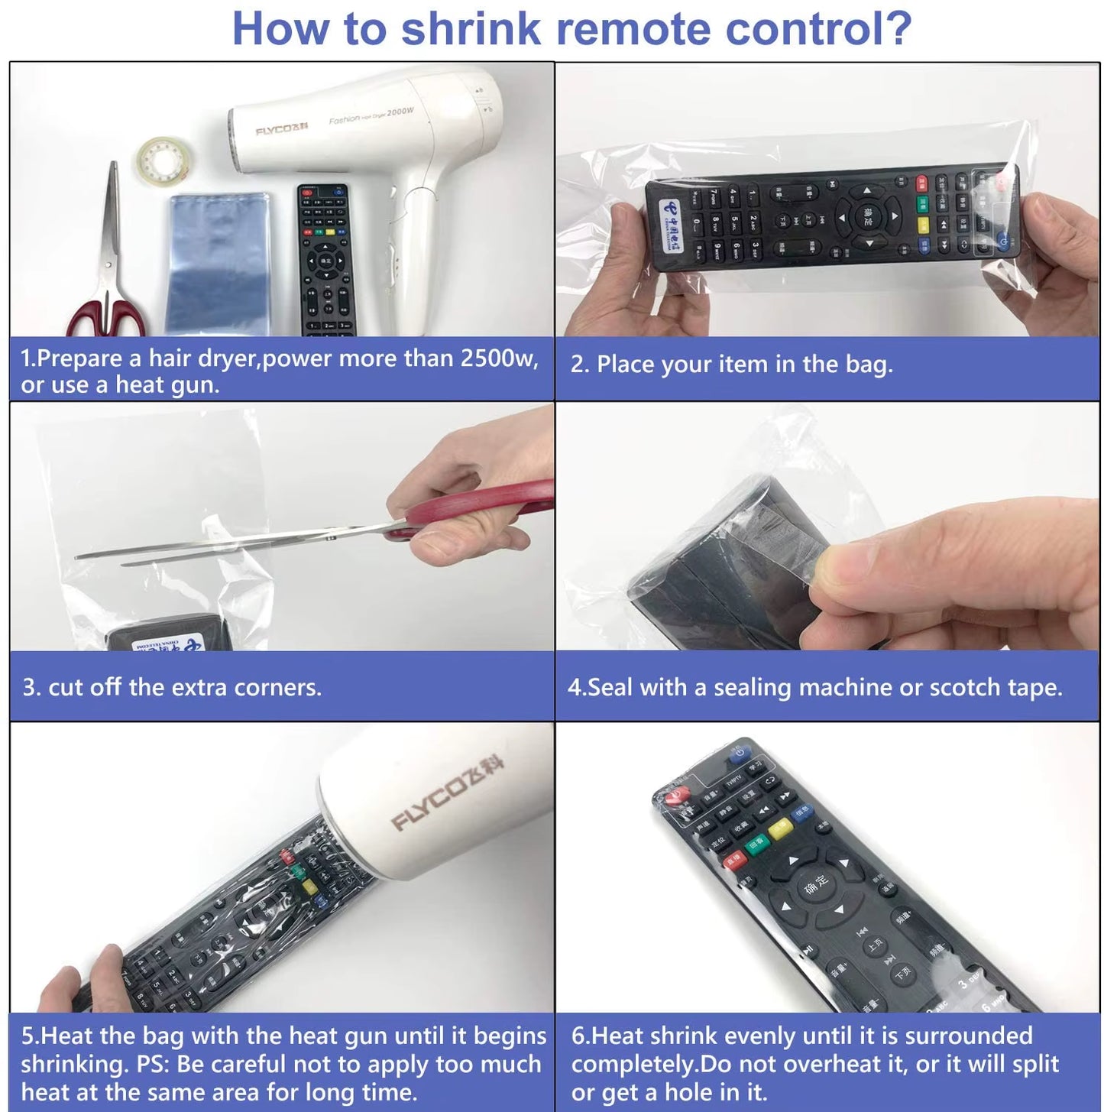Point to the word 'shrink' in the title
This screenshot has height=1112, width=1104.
tap(471, 29)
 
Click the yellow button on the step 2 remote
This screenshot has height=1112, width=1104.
tap(923, 225)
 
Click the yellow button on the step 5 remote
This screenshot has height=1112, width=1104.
tap(309, 887)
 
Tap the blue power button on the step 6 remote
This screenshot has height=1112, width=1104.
tap(737, 755)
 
